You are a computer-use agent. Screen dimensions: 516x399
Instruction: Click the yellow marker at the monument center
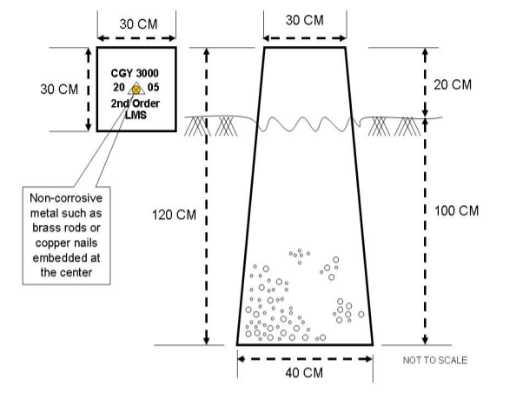(x=136, y=90)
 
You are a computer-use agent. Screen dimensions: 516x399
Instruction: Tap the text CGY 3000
(x=135, y=73)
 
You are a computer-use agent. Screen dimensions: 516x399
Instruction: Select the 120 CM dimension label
(x=174, y=215)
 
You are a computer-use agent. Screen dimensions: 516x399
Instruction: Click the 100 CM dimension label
(x=456, y=210)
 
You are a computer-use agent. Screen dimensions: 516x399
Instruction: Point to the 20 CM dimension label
(x=453, y=84)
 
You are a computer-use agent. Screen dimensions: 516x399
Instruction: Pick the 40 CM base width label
(x=304, y=373)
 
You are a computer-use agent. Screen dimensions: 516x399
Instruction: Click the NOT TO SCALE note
(x=435, y=360)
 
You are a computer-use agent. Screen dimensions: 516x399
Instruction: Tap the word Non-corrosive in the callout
(x=66, y=198)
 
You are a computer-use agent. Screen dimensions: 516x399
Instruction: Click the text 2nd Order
(x=136, y=103)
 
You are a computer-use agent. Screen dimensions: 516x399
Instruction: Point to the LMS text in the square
(x=136, y=115)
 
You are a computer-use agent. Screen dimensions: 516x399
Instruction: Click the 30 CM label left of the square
(x=59, y=90)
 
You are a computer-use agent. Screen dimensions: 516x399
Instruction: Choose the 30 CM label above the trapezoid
(x=305, y=20)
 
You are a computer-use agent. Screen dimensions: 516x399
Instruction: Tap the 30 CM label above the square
(x=138, y=24)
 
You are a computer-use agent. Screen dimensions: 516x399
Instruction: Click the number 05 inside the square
(x=153, y=87)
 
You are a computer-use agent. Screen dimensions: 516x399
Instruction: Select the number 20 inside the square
(x=119, y=87)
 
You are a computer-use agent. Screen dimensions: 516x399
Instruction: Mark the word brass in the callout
(x=45, y=228)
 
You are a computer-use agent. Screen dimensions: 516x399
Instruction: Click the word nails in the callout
(x=85, y=243)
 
